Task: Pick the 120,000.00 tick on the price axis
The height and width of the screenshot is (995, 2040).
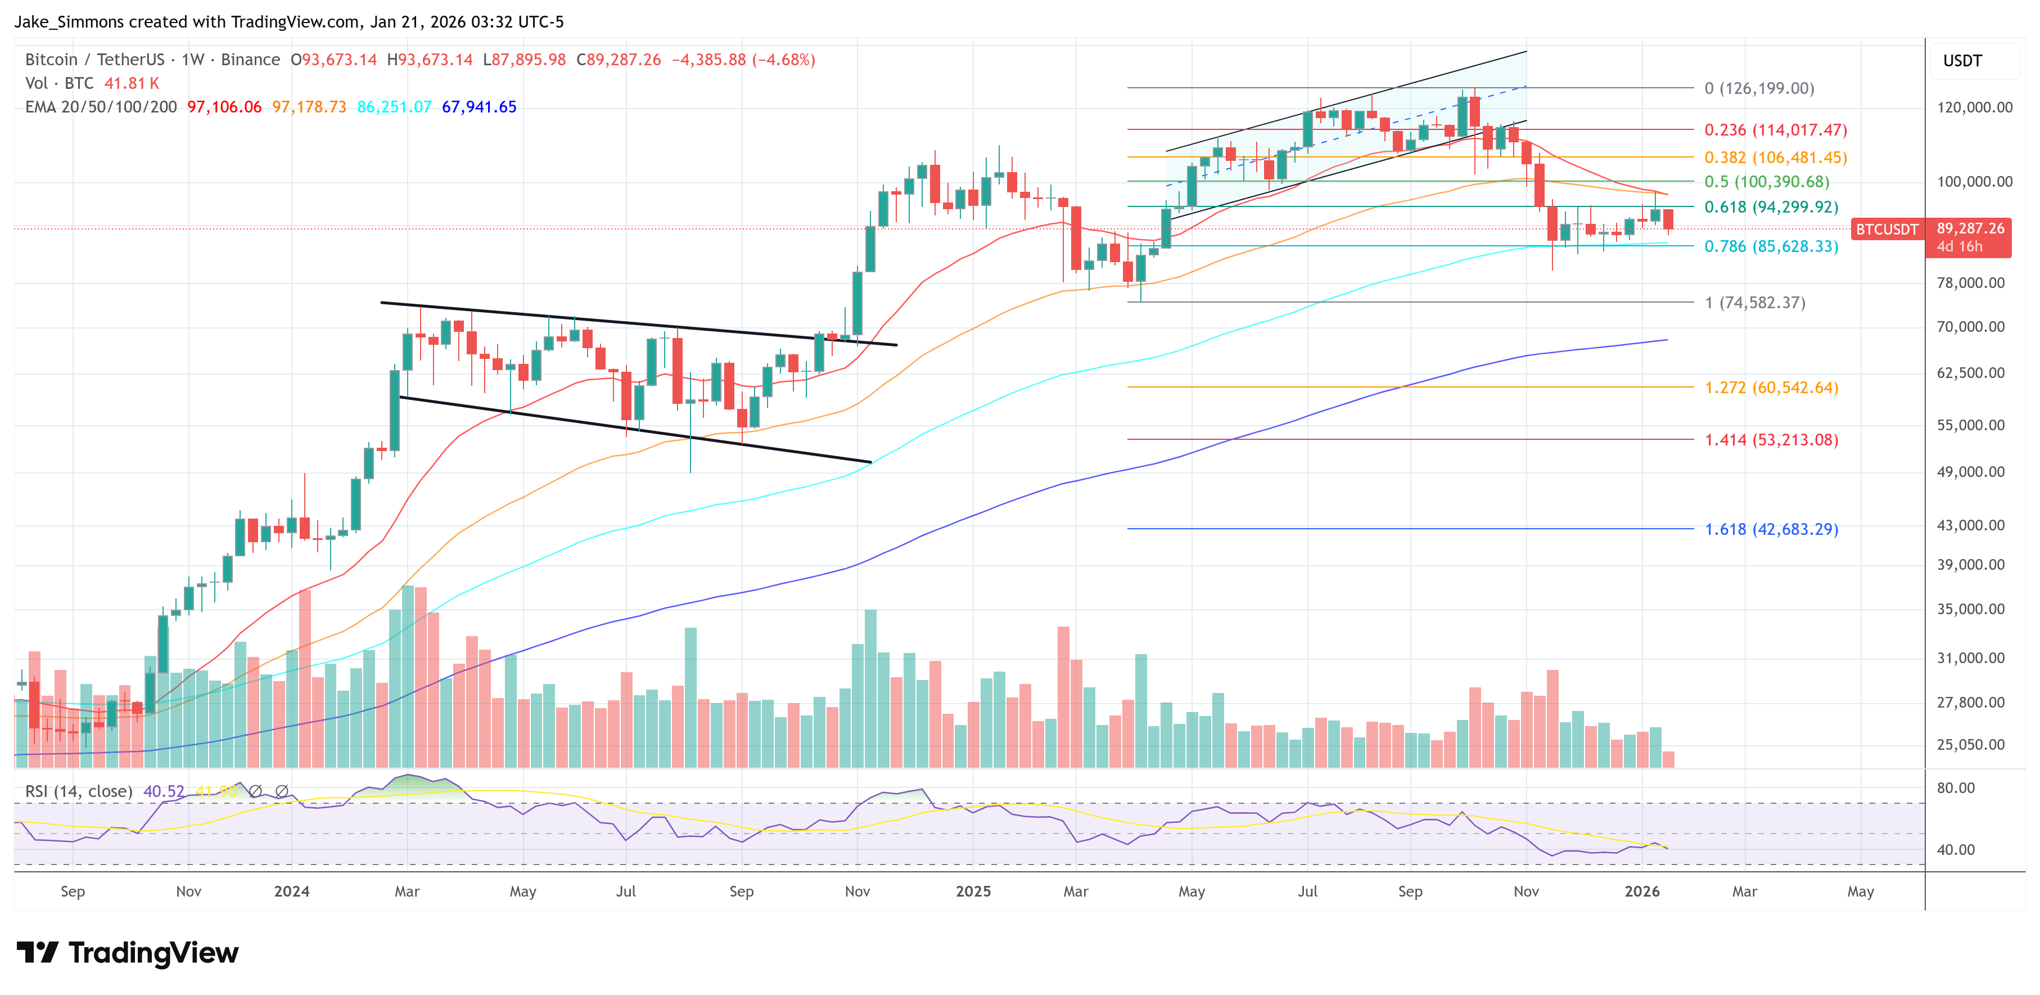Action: pyautogui.click(x=1974, y=108)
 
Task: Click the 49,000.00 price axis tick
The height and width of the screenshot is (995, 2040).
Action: pyautogui.click(x=1970, y=472)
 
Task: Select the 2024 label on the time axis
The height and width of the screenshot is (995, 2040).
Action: pyautogui.click(x=291, y=891)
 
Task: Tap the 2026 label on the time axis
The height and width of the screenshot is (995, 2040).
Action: pyautogui.click(x=1642, y=891)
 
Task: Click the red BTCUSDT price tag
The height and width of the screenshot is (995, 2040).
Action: pyautogui.click(x=1887, y=229)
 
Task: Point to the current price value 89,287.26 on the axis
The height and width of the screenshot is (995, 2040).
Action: pyautogui.click(x=1970, y=228)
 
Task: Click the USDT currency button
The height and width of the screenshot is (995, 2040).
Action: pyautogui.click(x=1962, y=61)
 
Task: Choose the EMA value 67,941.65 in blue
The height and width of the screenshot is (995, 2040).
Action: pyautogui.click(x=479, y=107)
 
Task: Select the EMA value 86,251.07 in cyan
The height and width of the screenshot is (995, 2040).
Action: pyautogui.click(x=394, y=107)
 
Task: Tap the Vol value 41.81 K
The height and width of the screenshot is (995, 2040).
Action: pyautogui.click(x=132, y=83)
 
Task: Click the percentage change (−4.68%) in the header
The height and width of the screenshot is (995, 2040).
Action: pyautogui.click(x=783, y=60)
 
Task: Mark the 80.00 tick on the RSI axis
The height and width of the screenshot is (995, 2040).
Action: pyautogui.click(x=1955, y=788)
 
